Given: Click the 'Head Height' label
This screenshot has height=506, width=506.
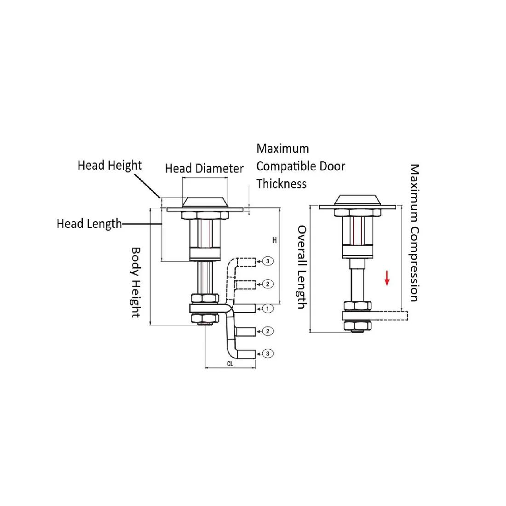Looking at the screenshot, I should (x=109, y=166).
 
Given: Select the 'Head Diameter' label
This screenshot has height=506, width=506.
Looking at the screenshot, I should (x=204, y=169).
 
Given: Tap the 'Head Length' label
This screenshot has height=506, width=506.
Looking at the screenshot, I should (x=89, y=224).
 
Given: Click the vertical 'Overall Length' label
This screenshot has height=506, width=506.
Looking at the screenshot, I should (x=302, y=267).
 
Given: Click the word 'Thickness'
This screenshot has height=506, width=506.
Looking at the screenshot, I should (x=282, y=184).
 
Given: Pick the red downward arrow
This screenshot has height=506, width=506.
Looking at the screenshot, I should (x=387, y=278).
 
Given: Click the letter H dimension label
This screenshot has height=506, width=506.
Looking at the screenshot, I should (x=274, y=240).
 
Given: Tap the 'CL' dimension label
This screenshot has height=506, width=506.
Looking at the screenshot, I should (x=230, y=363).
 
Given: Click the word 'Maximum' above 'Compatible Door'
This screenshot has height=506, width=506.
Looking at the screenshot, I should (x=282, y=149).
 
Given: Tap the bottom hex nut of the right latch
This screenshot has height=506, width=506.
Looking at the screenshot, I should (x=356, y=326).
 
